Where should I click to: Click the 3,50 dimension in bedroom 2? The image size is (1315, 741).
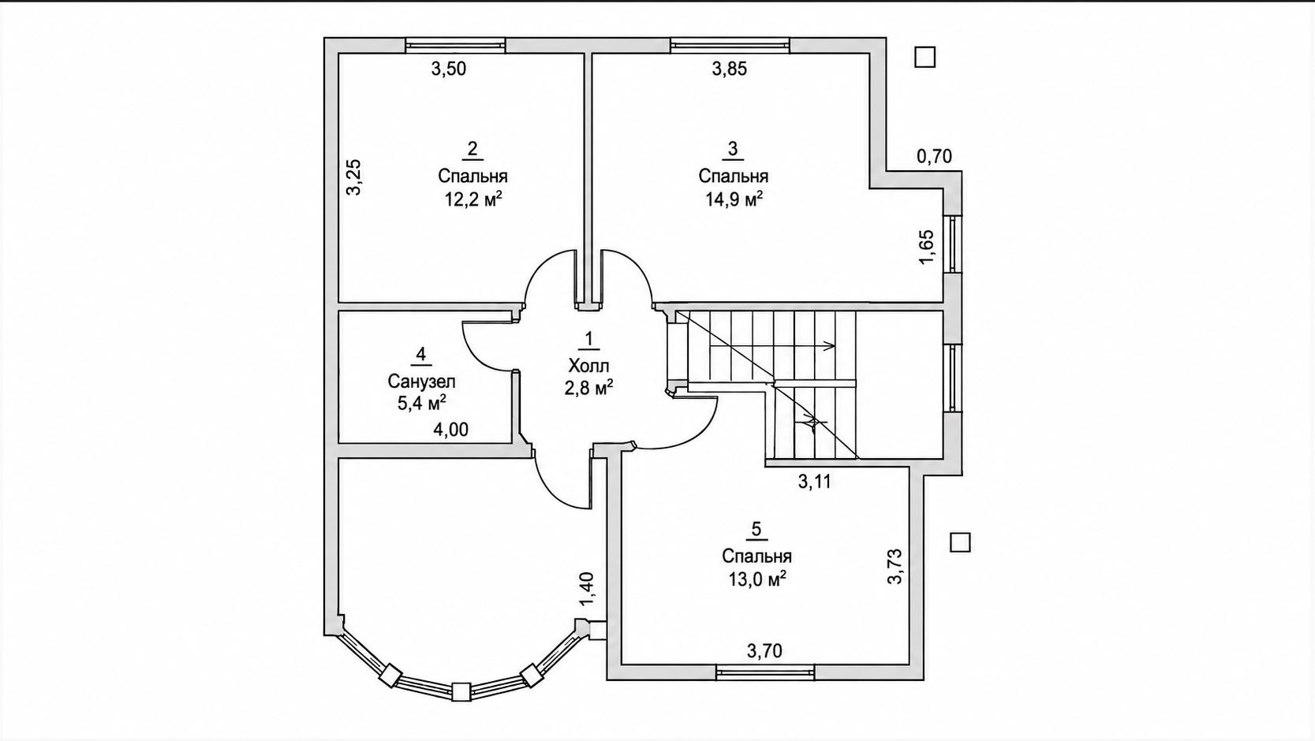click(x=449, y=69)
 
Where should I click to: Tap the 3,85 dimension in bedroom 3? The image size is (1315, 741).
click(x=730, y=69)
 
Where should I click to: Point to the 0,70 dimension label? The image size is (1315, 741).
click(x=934, y=157)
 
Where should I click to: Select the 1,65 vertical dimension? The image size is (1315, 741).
click(x=925, y=247)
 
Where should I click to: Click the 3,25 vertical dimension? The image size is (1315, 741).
click(x=353, y=177)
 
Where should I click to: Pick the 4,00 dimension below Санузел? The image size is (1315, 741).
click(x=451, y=430)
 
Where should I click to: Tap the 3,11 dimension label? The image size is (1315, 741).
click(x=815, y=482)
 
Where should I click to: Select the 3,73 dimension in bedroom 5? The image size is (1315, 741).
click(x=895, y=566)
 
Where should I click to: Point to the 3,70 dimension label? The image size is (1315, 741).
click(x=764, y=650)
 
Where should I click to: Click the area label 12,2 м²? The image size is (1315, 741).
click(x=473, y=199)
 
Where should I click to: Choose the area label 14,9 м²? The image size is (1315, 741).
click(x=734, y=199)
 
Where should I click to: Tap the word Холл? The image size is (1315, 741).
click(x=588, y=366)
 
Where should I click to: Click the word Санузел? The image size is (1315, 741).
click(x=421, y=382)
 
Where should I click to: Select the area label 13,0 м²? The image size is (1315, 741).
click(x=757, y=579)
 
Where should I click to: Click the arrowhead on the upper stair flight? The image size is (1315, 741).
click(x=831, y=345)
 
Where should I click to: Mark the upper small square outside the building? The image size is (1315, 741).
click(x=925, y=58)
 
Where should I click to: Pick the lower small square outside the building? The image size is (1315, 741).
click(x=961, y=542)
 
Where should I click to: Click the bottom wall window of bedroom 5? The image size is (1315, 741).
click(x=765, y=672)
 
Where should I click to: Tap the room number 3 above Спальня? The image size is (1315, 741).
click(x=733, y=149)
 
